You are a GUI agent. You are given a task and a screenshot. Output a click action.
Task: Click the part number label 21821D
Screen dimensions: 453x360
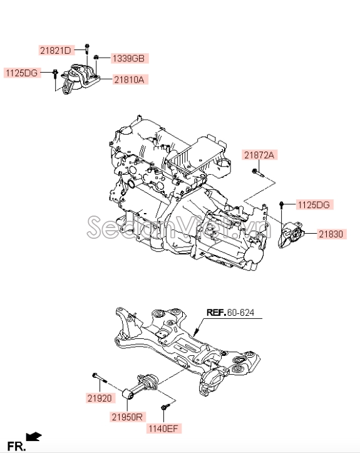(x=56, y=49)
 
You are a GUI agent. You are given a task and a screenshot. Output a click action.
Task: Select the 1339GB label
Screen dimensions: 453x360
(x=128, y=59)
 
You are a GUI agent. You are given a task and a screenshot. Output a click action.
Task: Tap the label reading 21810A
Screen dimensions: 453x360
(x=130, y=80)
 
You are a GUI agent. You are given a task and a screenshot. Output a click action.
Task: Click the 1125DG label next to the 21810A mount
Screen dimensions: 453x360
(x=23, y=73)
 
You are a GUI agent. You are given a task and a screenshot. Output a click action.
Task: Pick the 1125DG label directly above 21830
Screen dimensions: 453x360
(x=313, y=204)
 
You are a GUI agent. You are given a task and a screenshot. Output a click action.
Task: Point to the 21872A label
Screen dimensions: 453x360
(x=260, y=155)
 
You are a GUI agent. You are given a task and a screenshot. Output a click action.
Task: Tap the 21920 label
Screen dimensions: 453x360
(x=99, y=397)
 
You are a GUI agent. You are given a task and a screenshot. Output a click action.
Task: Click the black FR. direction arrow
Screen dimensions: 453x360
(x=34, y=435)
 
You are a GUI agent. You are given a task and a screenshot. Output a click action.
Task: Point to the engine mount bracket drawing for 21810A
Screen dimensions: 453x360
(x=78, y=80)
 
